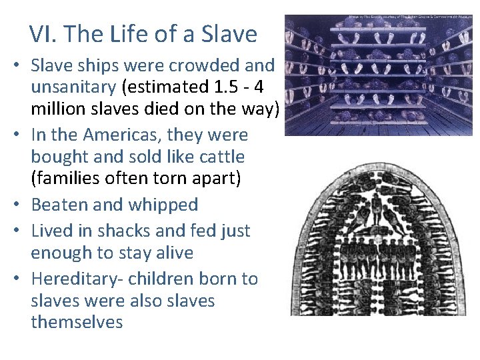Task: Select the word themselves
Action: [77, 322]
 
